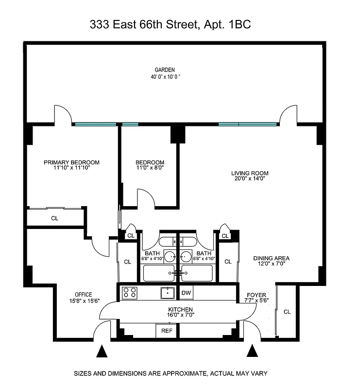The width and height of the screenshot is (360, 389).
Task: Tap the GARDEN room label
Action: [165, 70]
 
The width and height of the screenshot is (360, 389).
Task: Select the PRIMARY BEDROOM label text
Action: [71, 162]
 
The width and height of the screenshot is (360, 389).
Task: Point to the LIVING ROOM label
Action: [250, 173]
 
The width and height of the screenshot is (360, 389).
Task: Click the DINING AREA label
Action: [271, 258]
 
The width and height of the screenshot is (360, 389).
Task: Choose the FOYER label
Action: [257, 295]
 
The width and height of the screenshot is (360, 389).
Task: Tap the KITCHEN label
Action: [181, 310]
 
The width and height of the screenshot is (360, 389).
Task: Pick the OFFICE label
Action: [84, 295]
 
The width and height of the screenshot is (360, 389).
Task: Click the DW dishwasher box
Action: [186, 293]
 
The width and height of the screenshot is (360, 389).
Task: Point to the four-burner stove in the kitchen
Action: [129, 293]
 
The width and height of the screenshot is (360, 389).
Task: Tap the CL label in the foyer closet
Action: [287, 312]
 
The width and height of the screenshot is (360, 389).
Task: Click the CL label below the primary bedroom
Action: [54, 218]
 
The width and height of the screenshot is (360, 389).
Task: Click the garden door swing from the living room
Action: [288, 115]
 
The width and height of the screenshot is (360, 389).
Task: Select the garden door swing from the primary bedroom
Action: [63, 115]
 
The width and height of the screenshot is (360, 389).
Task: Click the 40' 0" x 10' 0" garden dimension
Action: [165, 77]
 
